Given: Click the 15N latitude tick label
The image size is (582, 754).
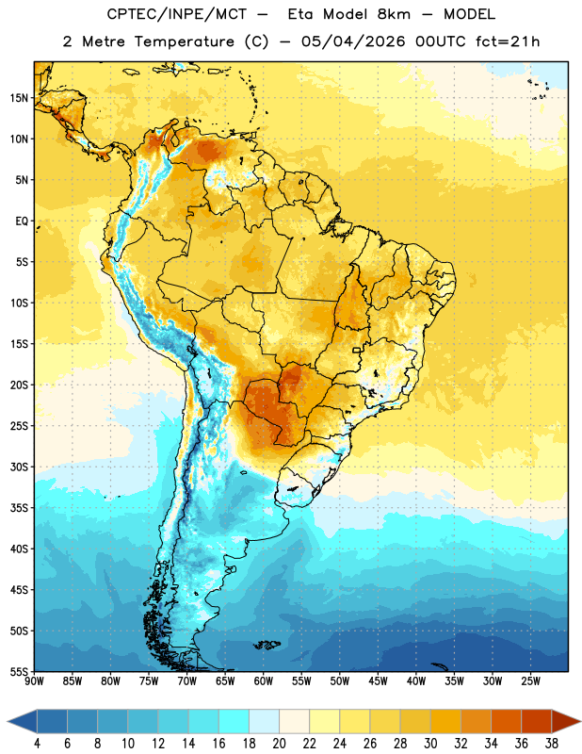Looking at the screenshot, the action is point(18,98).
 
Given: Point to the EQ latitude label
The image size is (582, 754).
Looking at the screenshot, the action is point(22,221).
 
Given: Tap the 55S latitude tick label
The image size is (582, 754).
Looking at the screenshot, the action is point(19,671).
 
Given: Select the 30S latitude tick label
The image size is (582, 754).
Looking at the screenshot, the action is point(19,467).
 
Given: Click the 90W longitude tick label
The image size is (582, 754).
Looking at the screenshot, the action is point(34,681).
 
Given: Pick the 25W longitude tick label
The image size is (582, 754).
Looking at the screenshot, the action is point(530,681).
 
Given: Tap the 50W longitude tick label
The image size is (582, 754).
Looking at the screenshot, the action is point(340,681).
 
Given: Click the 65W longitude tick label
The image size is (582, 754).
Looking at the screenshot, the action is point(225,681).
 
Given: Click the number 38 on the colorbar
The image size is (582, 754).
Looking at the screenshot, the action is point(552,744).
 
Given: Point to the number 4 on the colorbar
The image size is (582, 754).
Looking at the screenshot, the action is point(37,744).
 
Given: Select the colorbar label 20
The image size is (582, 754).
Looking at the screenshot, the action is point(279,744).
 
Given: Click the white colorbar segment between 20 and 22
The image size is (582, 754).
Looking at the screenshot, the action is point(294,721).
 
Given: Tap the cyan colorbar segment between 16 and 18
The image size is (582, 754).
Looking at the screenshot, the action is point(234,721).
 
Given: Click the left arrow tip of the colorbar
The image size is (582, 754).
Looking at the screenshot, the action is point(8,721).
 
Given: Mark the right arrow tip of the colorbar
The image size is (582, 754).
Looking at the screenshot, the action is point(580,721).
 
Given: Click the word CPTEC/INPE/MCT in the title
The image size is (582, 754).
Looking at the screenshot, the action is point(176,14).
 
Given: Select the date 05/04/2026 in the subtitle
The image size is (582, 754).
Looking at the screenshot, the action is point(353,41).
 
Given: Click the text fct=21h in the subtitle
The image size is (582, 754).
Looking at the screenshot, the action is point(508,41).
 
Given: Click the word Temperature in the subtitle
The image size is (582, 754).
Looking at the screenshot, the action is point(184,41).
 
